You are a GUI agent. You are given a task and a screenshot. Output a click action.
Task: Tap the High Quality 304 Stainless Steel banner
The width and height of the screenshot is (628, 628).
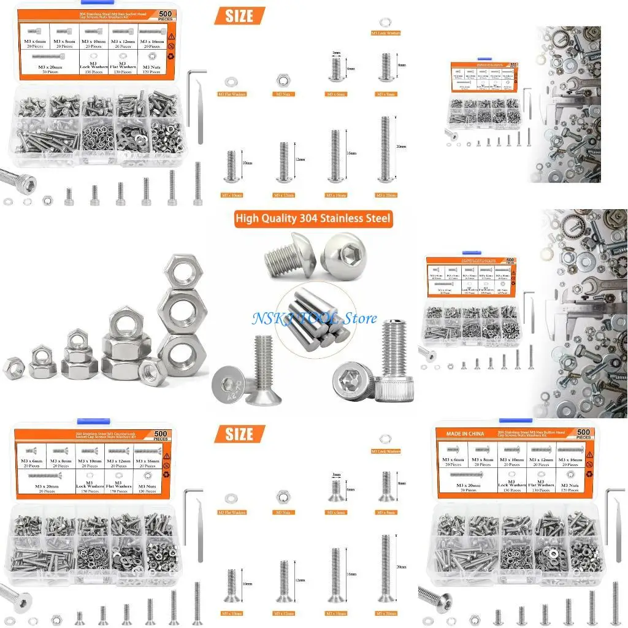point(313,219)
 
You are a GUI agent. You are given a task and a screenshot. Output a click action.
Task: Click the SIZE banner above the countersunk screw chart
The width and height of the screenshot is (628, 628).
point(240,434)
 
